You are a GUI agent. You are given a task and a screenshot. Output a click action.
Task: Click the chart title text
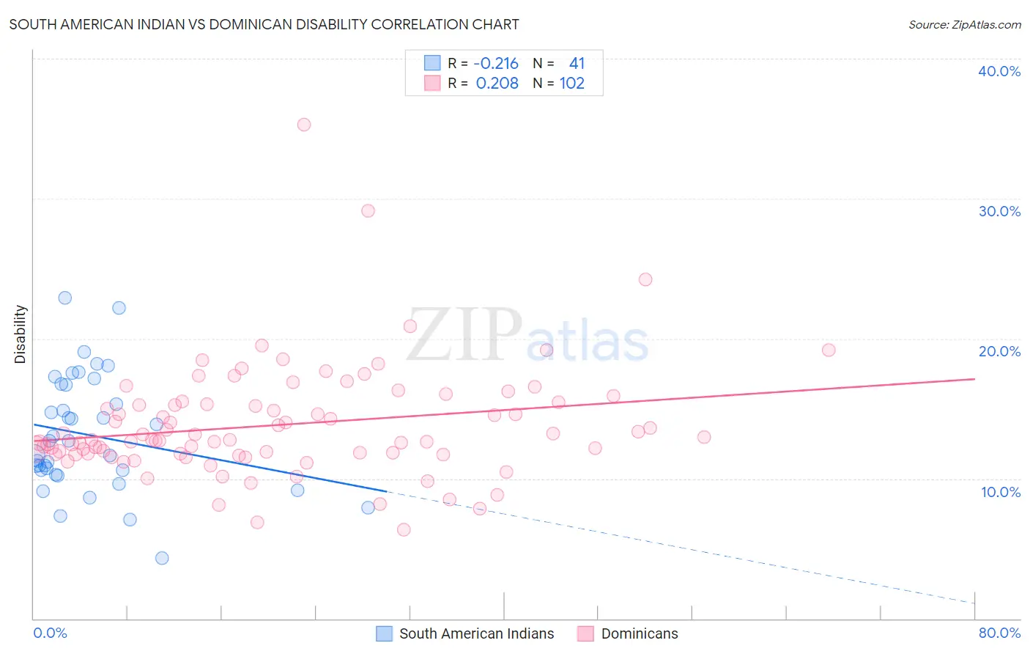click(264, 24)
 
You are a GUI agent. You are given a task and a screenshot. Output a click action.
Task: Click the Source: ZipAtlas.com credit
click(964, 24)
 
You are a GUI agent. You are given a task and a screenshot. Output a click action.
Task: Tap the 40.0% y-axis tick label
click(998, 71)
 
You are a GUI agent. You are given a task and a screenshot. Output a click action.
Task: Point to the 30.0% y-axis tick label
click(998, 211)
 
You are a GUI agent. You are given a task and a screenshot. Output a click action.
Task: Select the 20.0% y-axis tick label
click(998, 351)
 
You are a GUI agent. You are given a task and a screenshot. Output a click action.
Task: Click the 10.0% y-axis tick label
click(1000, 492)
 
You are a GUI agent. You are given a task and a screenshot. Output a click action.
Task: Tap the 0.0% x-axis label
click(50, 633)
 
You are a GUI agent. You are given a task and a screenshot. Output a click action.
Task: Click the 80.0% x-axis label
click(999, 633)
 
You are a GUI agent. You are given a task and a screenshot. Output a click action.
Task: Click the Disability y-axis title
click(21, 334)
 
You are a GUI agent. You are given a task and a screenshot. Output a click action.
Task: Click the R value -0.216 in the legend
click(496, 63)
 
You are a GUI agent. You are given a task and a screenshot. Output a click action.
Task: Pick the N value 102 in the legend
click(571, 83)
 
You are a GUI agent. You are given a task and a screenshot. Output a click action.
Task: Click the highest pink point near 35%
click(304, 125)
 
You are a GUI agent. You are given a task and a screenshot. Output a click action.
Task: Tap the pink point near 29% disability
click(368, 211)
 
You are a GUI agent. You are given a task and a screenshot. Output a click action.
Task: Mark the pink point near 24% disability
click(645, 279)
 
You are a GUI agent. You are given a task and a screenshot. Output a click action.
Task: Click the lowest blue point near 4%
click(162, 558)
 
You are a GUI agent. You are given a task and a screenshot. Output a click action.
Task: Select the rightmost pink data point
click(829, 350)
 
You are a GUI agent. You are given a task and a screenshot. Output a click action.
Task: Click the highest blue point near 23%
click(65, 298)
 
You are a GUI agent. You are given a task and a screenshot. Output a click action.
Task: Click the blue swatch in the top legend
click(432, 63)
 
